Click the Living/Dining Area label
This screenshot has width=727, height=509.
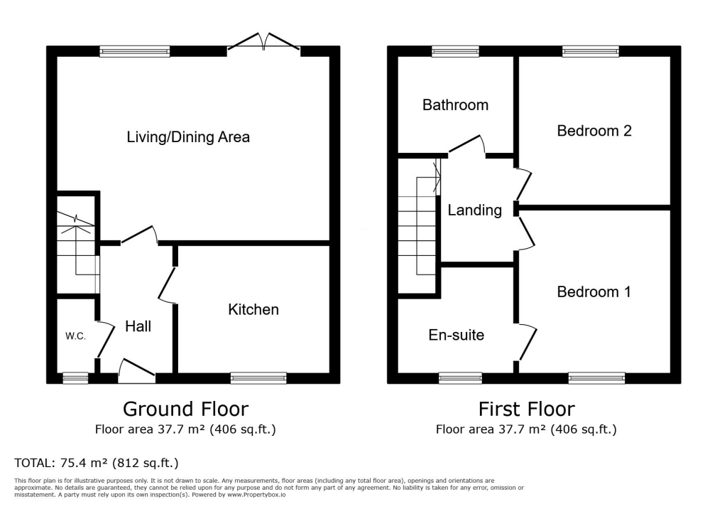pos(188,136)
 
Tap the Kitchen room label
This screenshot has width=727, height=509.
pos(253,309)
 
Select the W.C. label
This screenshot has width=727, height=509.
pos(75,336)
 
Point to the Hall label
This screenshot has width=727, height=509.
pos(138,326)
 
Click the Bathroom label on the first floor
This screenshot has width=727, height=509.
pos(455,105)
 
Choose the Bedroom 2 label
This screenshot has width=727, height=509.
pos(594,131)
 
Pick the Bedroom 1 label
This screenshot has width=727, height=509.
pos(594,291)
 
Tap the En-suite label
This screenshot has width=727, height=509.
pos(457,334)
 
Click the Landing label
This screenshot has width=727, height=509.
pos(474,210)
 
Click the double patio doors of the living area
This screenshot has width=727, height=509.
pos(263,43)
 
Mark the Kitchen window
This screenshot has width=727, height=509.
pos(258,378)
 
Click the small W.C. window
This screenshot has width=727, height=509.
pos(75,378)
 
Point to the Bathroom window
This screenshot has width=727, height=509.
pos(455,51)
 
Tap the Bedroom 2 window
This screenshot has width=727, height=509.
pos(590,51)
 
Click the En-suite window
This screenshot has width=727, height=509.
pos(460,378)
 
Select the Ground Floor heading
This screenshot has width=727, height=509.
pos(185,409)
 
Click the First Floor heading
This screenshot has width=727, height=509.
pos(526,409)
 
